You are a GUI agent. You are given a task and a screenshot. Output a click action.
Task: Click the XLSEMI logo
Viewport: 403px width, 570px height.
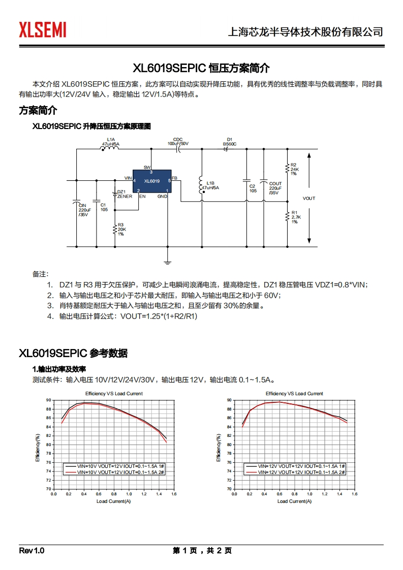pyautogui.click(x=43, y=30)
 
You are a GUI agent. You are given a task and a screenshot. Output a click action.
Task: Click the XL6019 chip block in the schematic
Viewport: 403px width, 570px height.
pyautogui.click(x=152, y=181)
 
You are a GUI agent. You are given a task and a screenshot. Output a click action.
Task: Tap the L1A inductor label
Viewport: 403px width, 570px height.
pyautogui.click(x=110, y=142)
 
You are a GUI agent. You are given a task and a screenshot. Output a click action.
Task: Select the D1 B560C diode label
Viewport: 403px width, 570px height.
pyautogui.click(x=229, y=142)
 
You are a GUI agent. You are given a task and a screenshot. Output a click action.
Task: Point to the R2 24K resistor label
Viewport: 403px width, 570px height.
pyautogui.click(x=294, y=169)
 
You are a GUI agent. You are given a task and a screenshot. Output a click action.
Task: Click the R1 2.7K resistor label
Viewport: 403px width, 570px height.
pyautogui.click(x=295, y=217)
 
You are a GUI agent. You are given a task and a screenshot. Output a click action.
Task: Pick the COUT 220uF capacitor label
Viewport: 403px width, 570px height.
pyautogui.click(x=275, y=188)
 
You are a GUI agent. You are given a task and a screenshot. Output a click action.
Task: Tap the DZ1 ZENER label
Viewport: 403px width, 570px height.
pyautogui.click(x=125, y=194)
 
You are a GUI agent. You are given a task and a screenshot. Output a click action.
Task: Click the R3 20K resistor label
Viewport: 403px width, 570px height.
pyautogui.click(x=121, y=229)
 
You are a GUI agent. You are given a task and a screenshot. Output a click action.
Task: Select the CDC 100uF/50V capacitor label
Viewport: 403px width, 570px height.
pyautogui.click(x=178, y=142)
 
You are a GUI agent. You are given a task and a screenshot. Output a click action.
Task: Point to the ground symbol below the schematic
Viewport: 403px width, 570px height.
pyautogui.click(x=167, y=262)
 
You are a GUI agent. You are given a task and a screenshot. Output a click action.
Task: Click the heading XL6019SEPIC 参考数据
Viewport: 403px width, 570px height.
pyautogui.click(x=73, y=354)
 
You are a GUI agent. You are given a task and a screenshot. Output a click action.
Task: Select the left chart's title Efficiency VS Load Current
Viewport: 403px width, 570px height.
pyautogui.click(x=114, y=394)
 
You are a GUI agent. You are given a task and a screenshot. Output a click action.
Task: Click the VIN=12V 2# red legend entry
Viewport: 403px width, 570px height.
pyautogui.click(x=295, y=472)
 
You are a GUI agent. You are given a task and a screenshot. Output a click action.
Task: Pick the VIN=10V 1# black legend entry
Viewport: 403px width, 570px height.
pyautogui.click(x=114, y=466)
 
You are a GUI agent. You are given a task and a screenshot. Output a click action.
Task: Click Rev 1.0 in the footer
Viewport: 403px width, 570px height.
pyautogui.click(x=32, y=551)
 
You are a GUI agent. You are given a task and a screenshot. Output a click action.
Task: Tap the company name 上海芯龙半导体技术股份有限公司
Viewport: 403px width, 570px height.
pyautogui.click(x=305, y=31)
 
